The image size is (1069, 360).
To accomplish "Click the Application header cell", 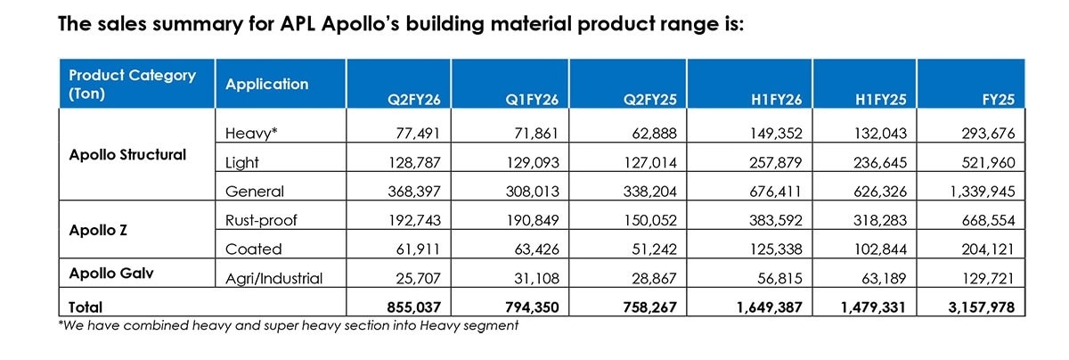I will (267, 85).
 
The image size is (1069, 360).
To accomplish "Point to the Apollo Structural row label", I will (127, 155).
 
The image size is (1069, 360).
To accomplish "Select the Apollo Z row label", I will (97, 229).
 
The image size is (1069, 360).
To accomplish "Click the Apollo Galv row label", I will (110, 274).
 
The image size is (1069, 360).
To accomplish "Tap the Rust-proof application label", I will (262, 219).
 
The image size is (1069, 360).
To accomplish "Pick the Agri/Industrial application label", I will (273, 279).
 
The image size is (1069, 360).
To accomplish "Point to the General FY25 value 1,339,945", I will (978, 192).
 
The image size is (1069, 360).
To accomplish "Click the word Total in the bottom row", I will (86, 307).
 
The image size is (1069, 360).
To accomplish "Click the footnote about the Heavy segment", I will (288, 325).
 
